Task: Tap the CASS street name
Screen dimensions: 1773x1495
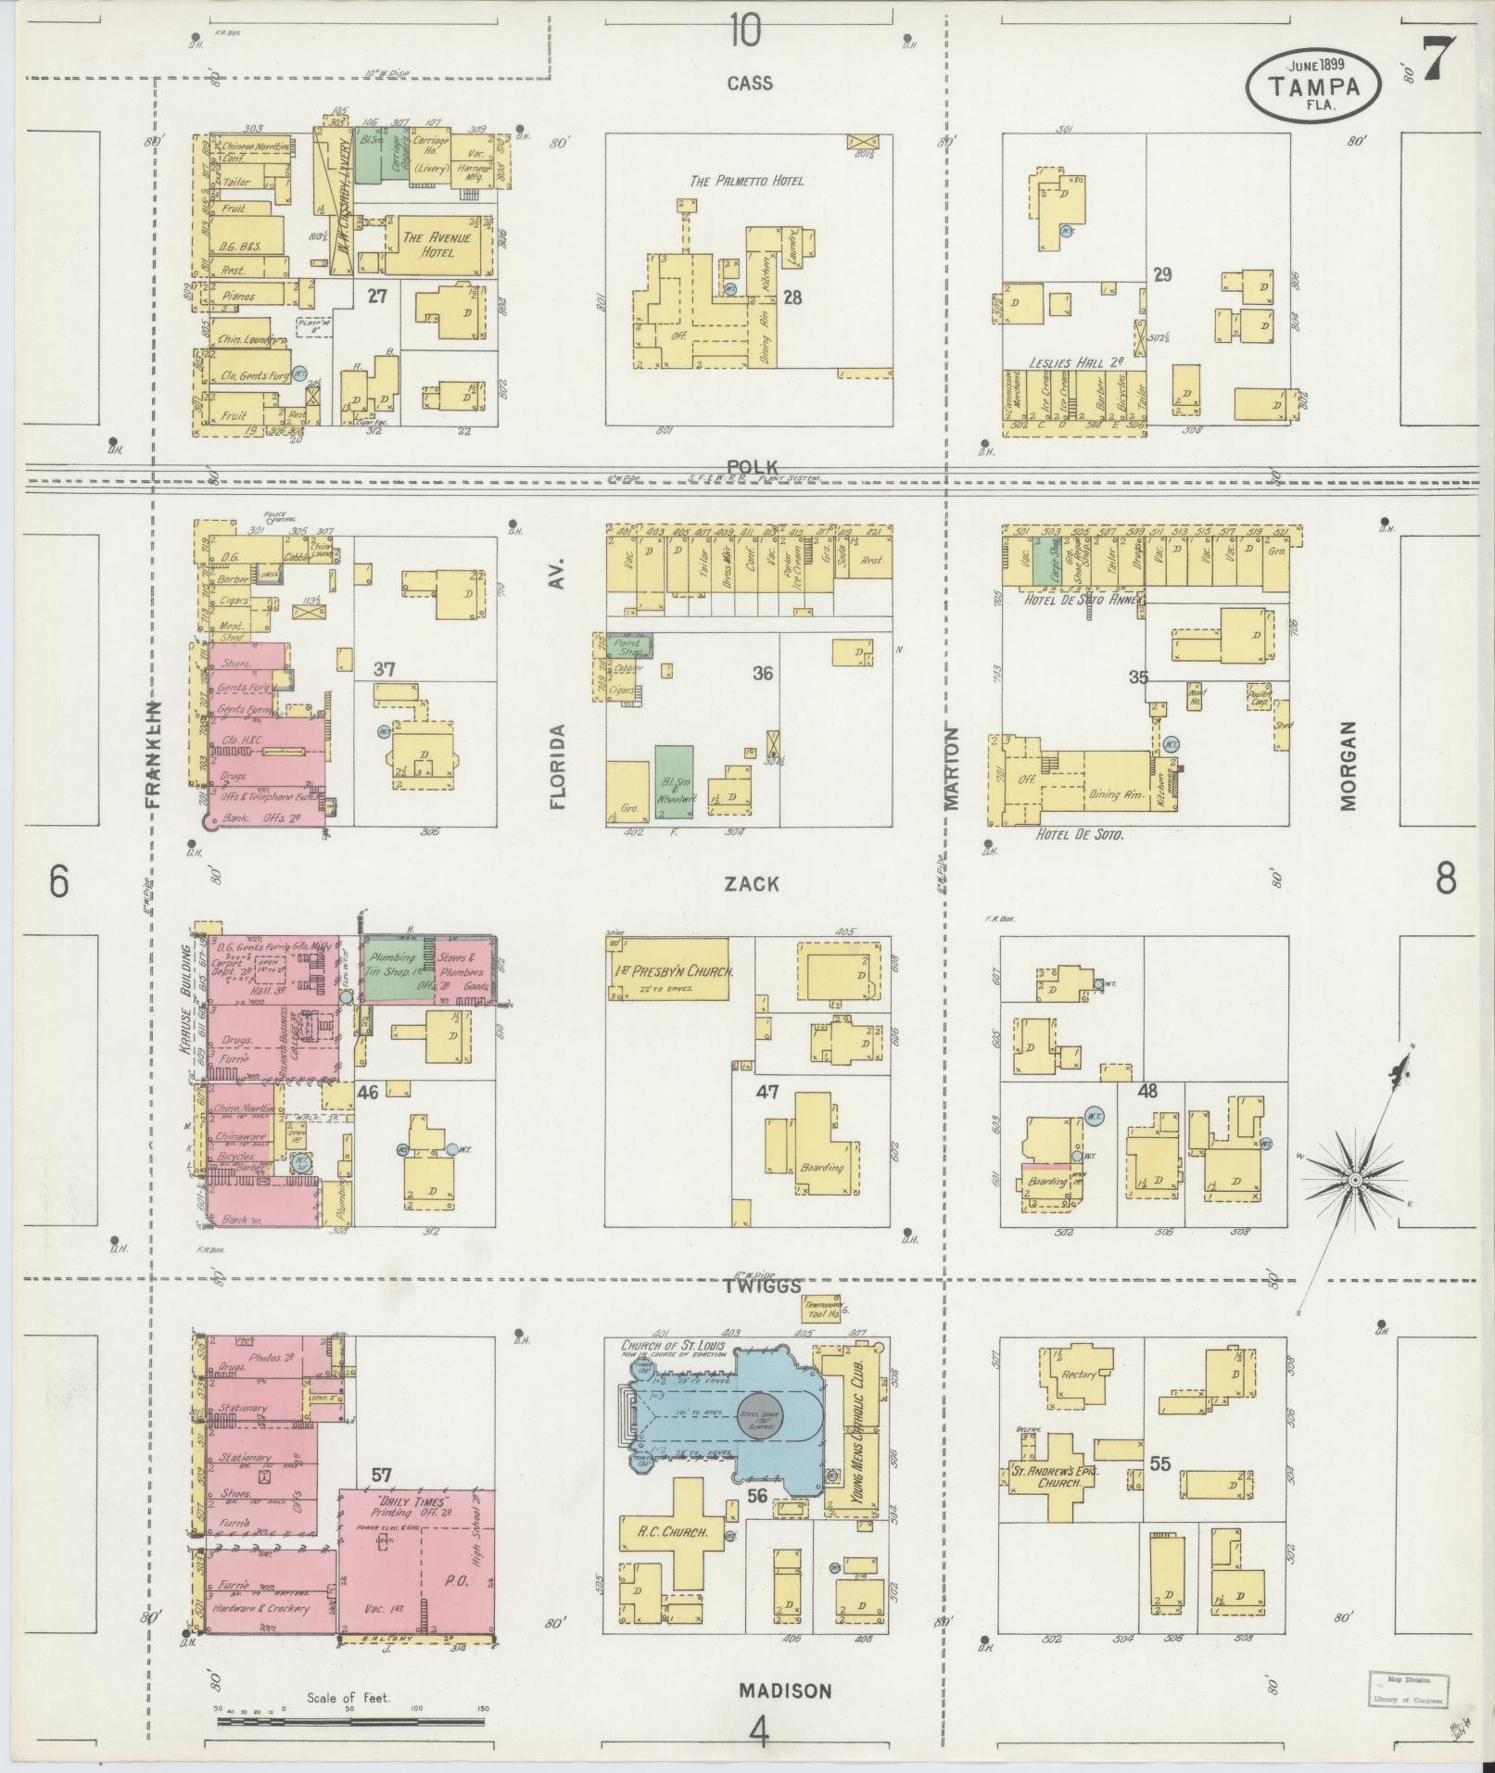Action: coord(749,83)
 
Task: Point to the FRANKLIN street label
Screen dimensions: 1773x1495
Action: coord(154,754)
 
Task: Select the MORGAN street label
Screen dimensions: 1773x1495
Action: coord(1348,766)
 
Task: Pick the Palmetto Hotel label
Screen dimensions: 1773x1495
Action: coord(746,181)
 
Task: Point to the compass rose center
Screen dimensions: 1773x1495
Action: coord(1354,1180)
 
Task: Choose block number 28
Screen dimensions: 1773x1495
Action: coord(792,298)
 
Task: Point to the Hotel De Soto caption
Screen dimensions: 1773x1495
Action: coord(1078,835)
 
